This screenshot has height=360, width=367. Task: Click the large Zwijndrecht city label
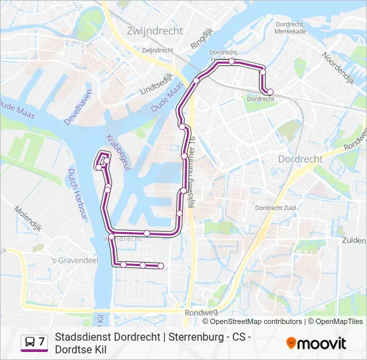click(151, 30)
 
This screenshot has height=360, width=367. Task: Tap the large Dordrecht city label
click(300, 159)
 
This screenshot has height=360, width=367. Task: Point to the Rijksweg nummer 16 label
click(192, 171)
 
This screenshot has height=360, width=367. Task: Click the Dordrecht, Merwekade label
click(290, 27)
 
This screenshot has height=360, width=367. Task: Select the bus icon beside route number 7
click(29, 343)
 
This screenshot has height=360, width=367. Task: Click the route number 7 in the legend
click(42, 342)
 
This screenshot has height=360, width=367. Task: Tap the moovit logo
click(316, 343)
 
